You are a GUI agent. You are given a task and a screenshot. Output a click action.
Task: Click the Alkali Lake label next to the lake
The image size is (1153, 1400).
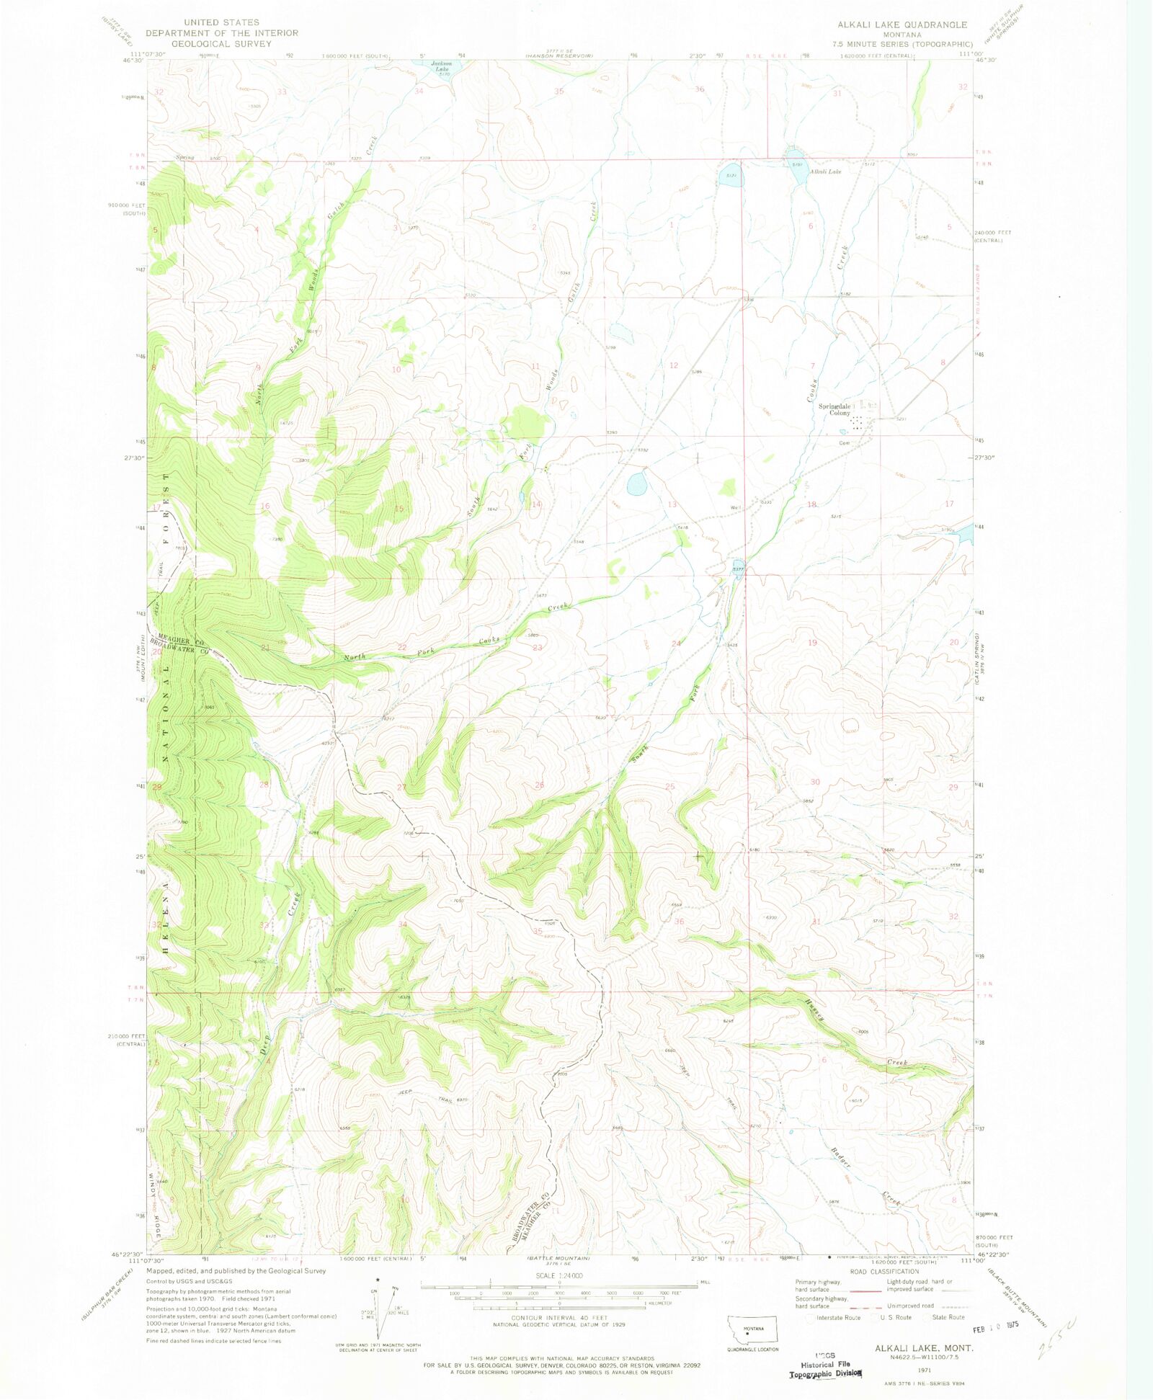tap(824, 171)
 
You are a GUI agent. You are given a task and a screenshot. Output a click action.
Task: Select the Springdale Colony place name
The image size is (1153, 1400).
tap(834, 409)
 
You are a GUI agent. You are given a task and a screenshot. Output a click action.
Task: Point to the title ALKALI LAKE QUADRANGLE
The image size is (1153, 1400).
tap(902, 24)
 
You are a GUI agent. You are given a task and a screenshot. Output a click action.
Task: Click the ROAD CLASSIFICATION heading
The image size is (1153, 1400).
tap(884, 1272)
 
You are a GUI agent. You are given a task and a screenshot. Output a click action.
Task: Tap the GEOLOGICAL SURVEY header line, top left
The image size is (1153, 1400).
tap(221, 43)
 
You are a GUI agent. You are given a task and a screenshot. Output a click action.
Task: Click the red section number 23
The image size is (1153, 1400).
tap(538, 648)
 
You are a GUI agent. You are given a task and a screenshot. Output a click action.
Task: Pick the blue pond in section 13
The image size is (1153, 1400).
tap(636, 483)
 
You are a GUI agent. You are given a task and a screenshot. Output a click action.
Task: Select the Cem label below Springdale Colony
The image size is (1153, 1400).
tap(844, 443)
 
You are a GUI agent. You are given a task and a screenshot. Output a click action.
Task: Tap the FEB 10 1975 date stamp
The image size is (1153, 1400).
tap(995, 1325)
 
